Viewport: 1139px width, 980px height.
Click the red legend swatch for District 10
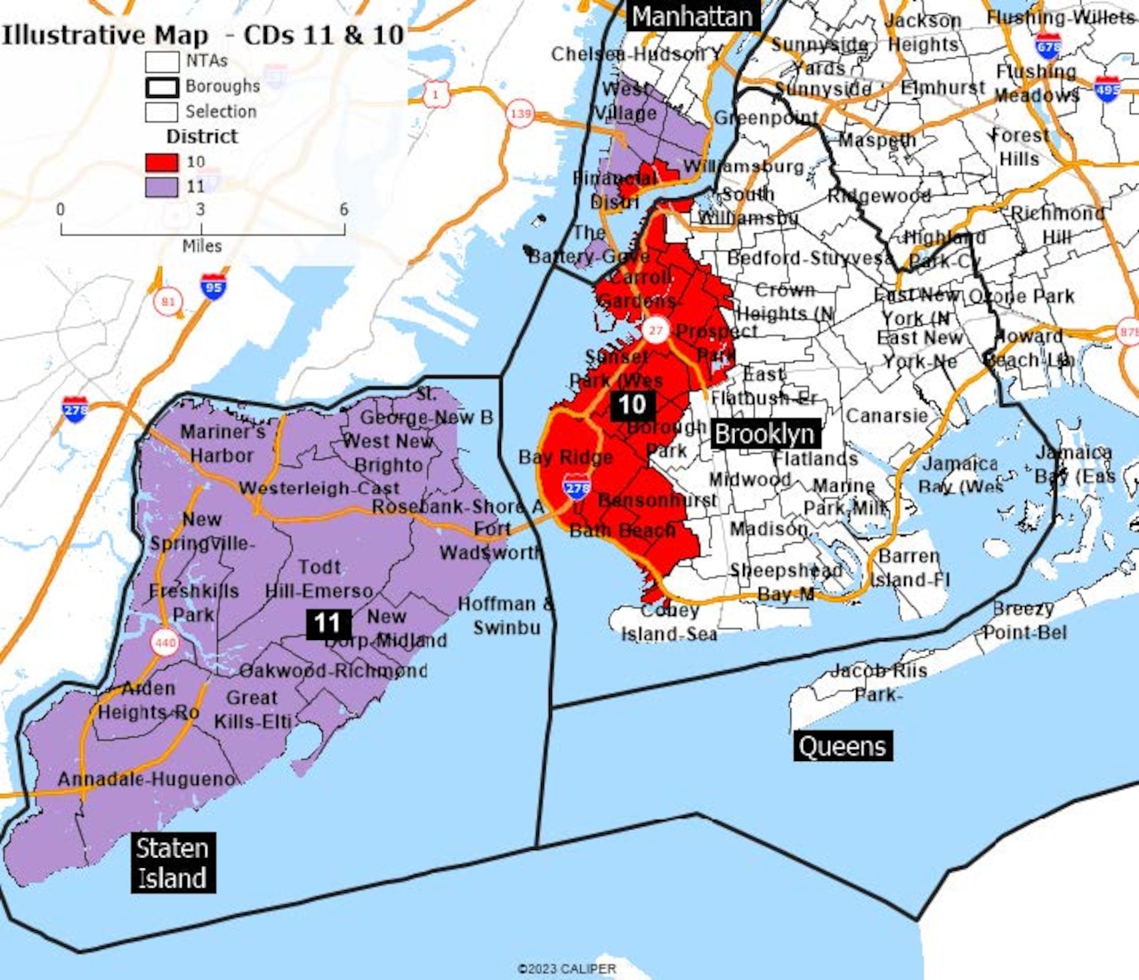[161, 162]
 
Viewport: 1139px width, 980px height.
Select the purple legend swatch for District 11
[161, 187]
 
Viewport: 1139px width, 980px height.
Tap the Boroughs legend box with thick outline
[161, 87]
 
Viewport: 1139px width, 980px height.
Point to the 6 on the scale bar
[343, 210]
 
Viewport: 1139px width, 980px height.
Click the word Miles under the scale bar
[202, 247]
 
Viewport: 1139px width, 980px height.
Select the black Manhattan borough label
[692, 16]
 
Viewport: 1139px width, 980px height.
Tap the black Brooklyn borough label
[764, 434]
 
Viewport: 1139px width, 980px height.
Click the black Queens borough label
[842, 746]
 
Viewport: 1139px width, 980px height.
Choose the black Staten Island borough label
[172, 863]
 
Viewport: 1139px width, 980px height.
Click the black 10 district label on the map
[632, 405]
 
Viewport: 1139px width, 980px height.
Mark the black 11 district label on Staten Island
[327, 623]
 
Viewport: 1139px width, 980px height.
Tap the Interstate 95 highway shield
[213, 287]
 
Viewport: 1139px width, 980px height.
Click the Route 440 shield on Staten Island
[165, 642]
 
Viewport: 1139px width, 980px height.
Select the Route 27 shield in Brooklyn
[656, 330]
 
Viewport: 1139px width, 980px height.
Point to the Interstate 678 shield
[1048, 45]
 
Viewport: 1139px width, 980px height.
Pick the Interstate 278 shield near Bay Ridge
[577, 487]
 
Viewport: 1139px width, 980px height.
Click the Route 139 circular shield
[520, 114]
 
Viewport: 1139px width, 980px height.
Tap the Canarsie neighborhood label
[886, 416]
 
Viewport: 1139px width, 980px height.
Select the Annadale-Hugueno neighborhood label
[147, 780]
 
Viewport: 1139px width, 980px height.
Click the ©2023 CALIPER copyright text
[567, 968]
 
